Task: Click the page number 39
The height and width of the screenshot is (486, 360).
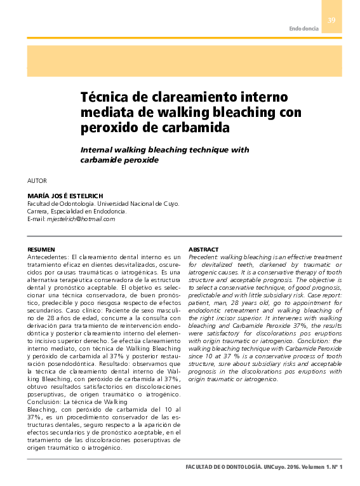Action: click(x=331, y=20)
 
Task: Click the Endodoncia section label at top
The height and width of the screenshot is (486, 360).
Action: click(x=303, y=29)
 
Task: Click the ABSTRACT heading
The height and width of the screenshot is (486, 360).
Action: click(x=204, y=249)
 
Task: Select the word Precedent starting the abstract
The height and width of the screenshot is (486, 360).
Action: click(x=203, y=256)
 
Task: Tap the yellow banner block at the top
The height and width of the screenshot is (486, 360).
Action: click(x=184, y=60)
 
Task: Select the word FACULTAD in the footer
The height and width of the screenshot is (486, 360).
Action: click(x=200, y=467)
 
